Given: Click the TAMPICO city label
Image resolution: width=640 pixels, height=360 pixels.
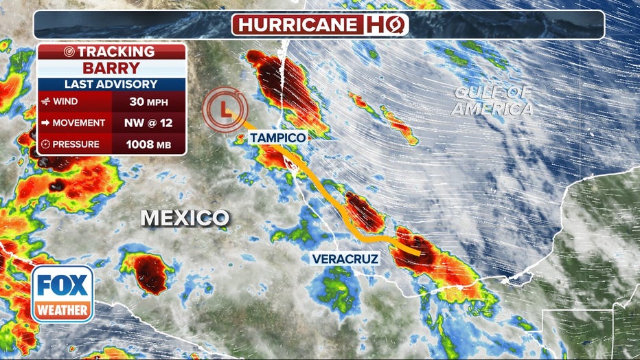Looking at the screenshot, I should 277,138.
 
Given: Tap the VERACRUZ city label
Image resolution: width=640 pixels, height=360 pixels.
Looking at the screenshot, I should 341,259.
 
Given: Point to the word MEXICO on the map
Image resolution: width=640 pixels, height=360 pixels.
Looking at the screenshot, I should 185,218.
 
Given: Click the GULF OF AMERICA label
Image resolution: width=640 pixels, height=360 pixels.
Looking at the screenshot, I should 492,101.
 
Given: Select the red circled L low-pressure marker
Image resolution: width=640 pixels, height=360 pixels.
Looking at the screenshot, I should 225,108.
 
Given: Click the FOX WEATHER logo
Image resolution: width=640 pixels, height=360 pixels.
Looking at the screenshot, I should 62,293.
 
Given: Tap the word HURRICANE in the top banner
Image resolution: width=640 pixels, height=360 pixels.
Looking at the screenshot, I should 297,25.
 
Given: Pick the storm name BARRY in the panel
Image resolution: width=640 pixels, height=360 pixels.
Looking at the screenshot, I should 111,69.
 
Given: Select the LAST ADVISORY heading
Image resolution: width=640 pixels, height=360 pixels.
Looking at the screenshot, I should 111,85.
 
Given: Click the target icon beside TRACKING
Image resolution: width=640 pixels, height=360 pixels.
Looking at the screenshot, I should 69,52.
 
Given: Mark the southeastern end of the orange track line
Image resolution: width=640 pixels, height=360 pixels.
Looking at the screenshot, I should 418,253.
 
